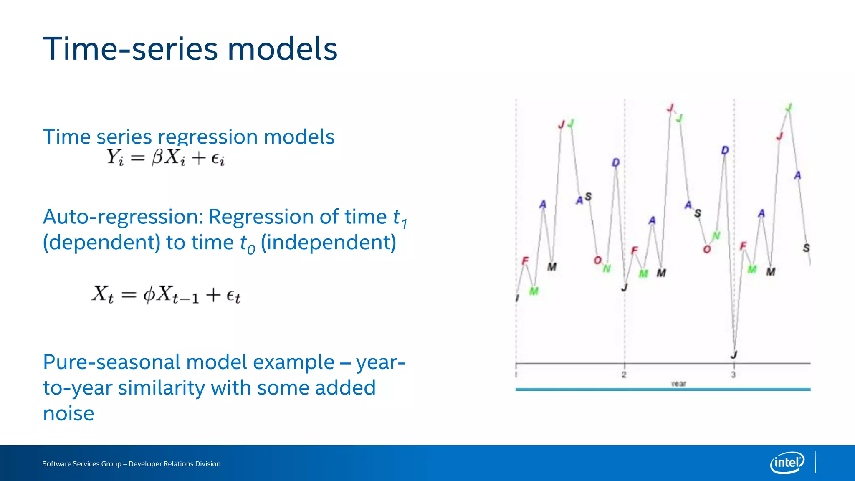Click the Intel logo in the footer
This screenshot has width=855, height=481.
pos(787,463)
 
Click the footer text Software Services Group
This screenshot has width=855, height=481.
pos(81,464)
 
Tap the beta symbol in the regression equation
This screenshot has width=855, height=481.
pos(158,158)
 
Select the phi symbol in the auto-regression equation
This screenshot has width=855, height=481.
pos(149,295)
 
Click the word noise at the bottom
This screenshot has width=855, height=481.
pos(68,414)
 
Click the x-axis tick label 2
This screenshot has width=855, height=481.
pos(624,375)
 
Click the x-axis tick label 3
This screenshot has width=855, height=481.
pos(733,375)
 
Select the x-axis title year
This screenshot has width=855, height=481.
pos(678,384)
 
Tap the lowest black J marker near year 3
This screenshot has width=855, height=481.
pos(734,355)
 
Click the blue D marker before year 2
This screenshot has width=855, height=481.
pos(616,162)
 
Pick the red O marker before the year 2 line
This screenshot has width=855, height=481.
pos(597,260)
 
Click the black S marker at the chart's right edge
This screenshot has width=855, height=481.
pos(806,248)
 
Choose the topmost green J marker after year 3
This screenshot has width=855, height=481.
pos(788,108)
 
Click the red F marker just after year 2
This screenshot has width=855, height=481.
pos(635,250)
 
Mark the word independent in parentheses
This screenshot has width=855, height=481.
pos(328,243)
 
